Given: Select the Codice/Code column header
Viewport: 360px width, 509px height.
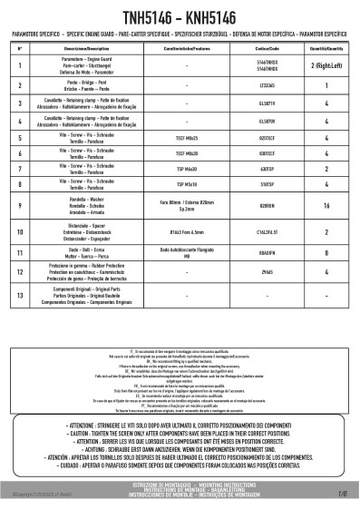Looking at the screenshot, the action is coord(267,46).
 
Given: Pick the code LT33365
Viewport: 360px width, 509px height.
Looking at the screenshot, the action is coord(267,85).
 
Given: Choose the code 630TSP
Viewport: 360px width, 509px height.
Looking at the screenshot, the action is coord(267,169).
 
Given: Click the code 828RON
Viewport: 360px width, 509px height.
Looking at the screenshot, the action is coord(267,206).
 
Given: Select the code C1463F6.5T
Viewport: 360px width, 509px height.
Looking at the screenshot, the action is coord(267,232).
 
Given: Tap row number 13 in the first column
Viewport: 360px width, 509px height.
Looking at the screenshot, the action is coord(19,295).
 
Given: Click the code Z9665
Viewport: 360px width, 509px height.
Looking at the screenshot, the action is coord(267,272).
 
